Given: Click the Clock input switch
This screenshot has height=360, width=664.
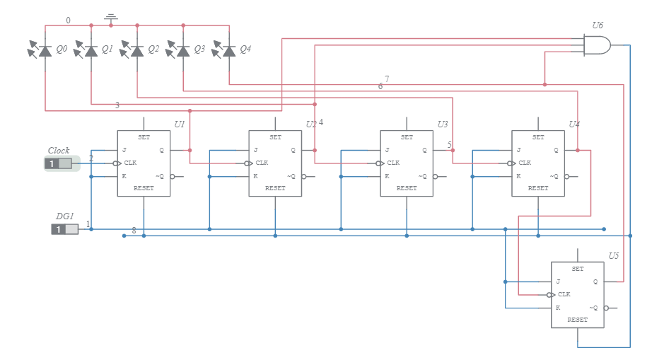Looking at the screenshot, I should (x=59, y=164).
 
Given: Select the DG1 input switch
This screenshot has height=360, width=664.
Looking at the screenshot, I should (x=64, y=229).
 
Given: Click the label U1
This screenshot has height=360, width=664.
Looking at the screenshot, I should (x=180, y=124).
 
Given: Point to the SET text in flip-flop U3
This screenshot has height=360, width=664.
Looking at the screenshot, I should (x=407, y=137).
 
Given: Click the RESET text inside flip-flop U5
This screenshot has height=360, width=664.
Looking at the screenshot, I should (x=578, y=320).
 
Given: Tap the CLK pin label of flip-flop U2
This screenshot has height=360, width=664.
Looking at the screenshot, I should (x=262, y=163).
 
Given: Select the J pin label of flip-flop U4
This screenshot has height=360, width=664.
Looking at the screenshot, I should (x=518, y=150).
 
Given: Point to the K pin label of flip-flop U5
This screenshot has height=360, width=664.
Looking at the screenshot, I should (x=558, y=308).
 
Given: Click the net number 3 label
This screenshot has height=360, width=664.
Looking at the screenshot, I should (x=117, y=105).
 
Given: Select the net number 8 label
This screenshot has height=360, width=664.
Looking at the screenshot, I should (x=134, y=231).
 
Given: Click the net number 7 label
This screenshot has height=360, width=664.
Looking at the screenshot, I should (x=387, y=79).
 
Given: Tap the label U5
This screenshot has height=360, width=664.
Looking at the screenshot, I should (x=614, y=255).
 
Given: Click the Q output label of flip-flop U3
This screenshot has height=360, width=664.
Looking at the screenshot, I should (x=424, y=150).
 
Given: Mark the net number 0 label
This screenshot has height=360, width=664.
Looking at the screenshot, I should (x=68, y=21).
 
